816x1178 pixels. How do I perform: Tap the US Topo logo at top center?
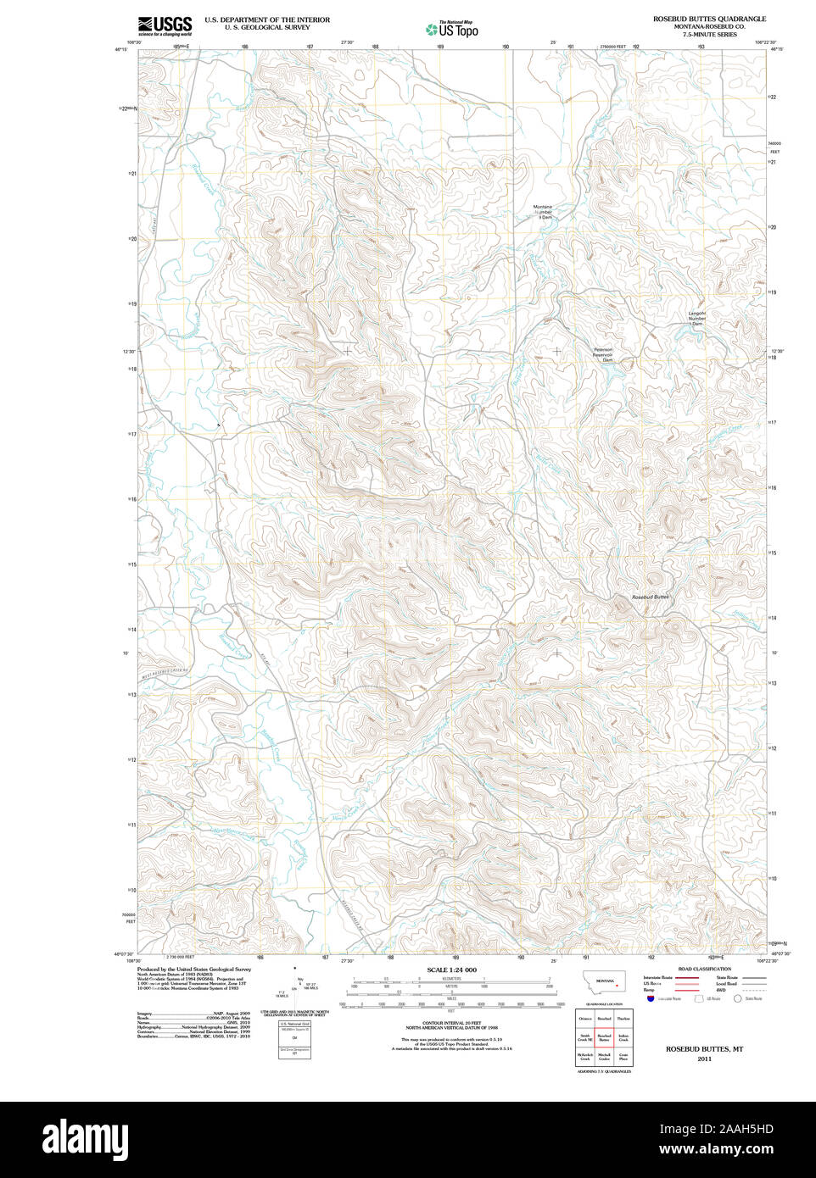point(452,29)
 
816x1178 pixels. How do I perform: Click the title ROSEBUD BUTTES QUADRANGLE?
point(708,18)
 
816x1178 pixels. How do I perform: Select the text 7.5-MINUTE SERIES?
point(708,35)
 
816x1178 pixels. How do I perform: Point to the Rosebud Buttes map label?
point(651,597)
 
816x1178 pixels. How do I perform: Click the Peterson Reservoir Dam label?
point(603,354)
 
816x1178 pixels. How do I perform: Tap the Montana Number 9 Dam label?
point(543,212)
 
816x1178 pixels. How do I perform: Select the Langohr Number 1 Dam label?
point(696,319)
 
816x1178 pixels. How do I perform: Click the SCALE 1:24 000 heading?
point(451,970)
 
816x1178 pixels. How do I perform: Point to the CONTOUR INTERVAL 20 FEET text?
point(451,1025)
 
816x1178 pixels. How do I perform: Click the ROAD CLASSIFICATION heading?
point(704,969)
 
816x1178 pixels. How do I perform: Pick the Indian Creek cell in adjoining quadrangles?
point(623,1038)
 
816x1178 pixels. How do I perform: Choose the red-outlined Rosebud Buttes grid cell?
point(604,1038)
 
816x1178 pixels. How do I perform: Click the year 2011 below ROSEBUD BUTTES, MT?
point(704,1059)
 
